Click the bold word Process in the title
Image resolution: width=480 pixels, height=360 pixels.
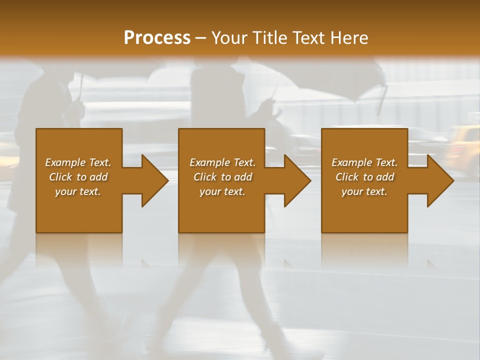[157, 37]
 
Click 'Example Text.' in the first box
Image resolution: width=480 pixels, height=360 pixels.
[78, 162]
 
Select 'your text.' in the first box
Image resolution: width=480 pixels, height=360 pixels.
[78, 191]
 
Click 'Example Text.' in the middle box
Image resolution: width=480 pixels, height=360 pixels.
[222, 162]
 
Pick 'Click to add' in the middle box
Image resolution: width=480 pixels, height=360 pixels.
[222, 177]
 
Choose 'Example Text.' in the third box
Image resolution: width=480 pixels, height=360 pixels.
[364, 162]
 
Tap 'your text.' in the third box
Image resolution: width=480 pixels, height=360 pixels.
[364, 191]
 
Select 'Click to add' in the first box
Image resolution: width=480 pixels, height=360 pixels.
[78, 177]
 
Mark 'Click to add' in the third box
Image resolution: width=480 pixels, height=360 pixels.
[364, 177]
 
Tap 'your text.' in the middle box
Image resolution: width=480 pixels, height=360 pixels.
[222, 191]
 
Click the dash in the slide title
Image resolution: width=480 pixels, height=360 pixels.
[201, 38]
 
